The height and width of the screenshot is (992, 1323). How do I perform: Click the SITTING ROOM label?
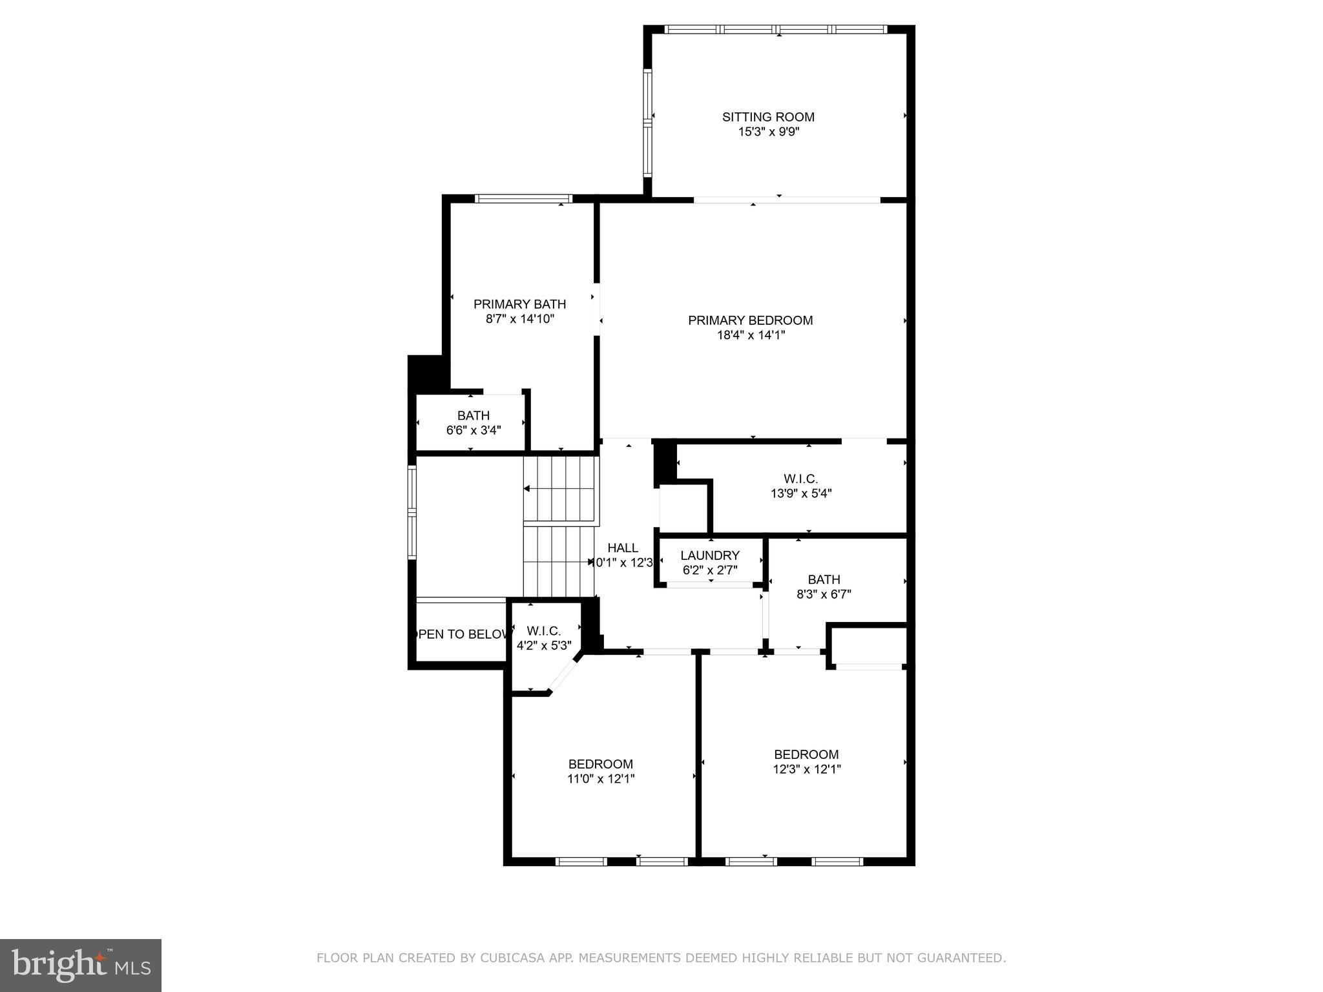pos(767,117)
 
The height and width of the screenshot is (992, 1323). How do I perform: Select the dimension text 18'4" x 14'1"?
pos(750,335)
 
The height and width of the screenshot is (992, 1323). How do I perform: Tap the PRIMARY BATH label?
pos(519,304)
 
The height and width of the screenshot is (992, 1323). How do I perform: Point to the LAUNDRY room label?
pos(709,555)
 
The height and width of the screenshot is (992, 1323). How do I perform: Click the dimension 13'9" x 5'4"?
pos(801,493)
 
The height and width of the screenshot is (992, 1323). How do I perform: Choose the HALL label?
pos(623,548)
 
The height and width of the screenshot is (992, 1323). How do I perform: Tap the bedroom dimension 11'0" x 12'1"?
pos(601,779)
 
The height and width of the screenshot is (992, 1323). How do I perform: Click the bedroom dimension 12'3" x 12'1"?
pos(806,769)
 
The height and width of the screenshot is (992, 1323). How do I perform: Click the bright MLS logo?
pos(81,966)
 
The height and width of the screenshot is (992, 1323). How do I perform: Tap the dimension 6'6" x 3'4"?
pos(474,430)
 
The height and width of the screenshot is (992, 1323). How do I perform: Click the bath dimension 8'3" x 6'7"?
pos(824,594)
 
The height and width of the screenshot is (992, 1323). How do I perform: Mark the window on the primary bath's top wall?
pos(523,198)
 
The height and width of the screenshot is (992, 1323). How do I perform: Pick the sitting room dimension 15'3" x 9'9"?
pos(768,132)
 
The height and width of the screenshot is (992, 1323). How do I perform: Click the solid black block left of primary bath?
pos(424,373)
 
